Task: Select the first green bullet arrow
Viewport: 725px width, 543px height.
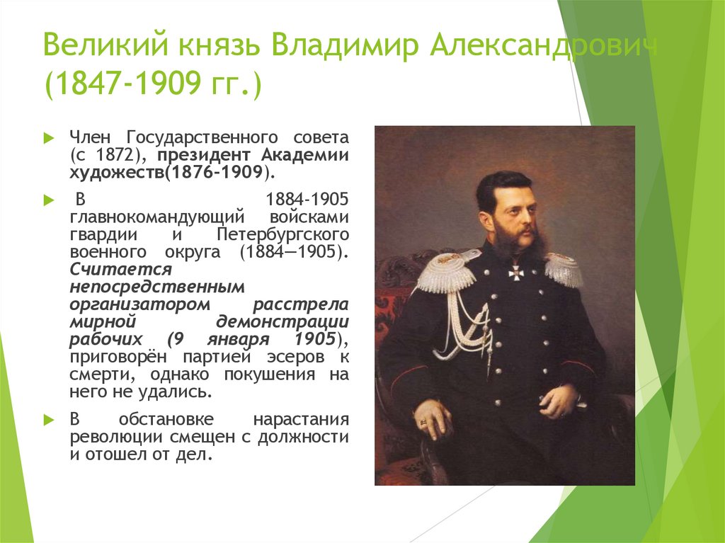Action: pos(48,137)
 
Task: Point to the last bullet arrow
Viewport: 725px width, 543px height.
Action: pos(48,419)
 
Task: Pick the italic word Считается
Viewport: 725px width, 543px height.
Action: pos(121,270)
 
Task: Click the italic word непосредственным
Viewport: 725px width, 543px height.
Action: pos(157,287)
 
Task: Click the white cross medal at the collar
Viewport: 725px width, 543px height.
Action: pos(515,270)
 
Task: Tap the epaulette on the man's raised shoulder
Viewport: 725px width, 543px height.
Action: pos(445,272)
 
